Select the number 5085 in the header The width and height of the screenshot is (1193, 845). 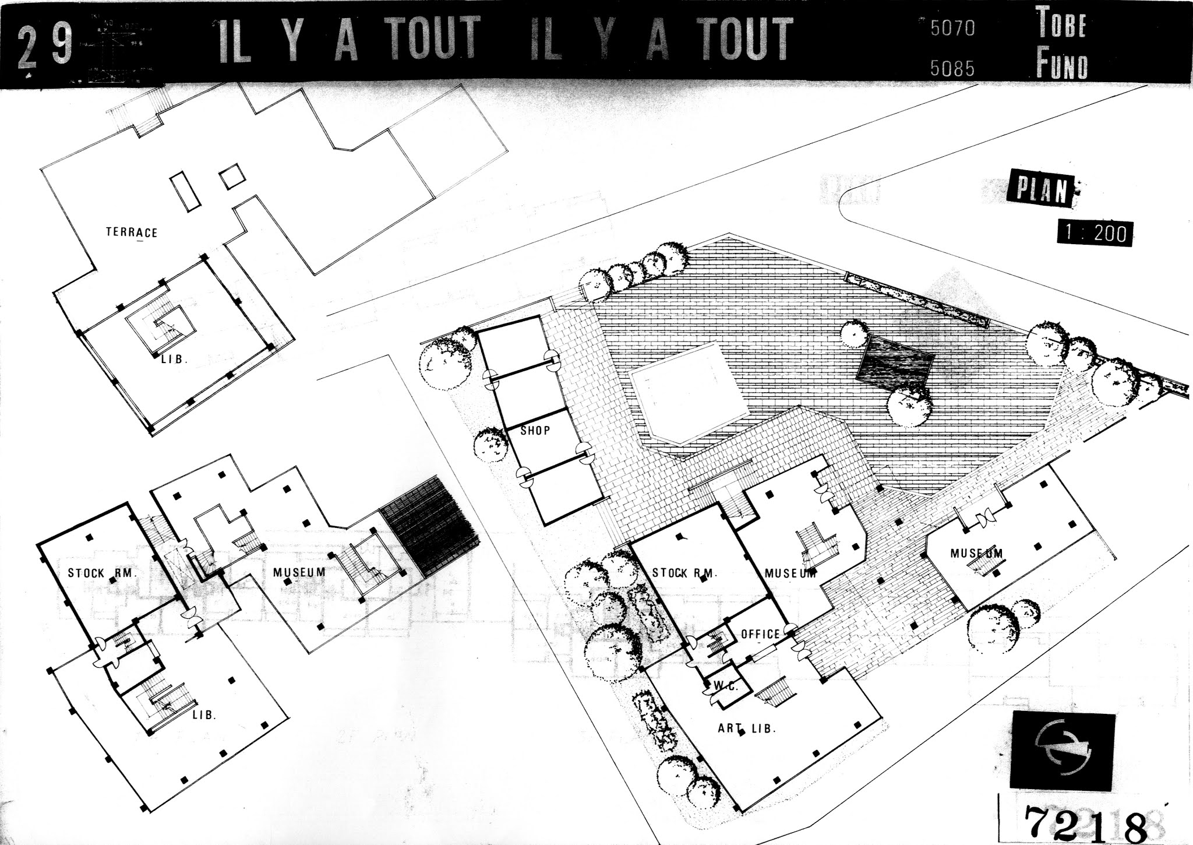coord(952,69)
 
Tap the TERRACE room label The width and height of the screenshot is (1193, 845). coord(132,232)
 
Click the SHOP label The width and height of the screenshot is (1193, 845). coord(535,431)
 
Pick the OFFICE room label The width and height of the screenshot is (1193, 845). coord(760,634)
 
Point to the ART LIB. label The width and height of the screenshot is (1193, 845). coord(747,728)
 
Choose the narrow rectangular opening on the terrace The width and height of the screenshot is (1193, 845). coord(185,191)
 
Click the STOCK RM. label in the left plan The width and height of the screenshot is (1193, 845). coord(103,573)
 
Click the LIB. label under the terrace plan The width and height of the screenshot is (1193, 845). coord(174,360)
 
